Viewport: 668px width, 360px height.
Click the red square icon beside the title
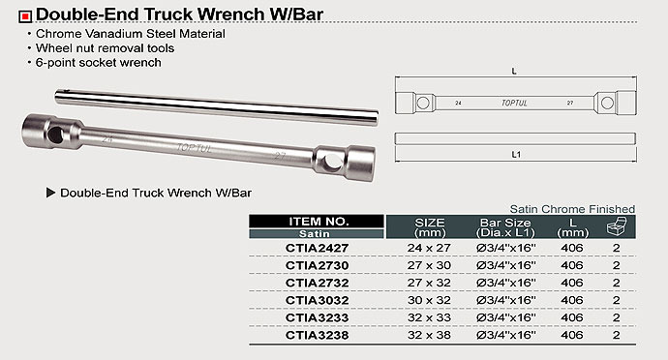coord(25,16)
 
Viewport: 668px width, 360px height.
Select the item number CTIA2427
coord(317,248)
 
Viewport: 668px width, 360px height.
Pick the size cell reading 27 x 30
coord(429,265)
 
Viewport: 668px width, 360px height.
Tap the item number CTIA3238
coord(317,335)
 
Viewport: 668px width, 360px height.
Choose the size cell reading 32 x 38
coord(429,335)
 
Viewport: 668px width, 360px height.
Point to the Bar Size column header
coord(505,227)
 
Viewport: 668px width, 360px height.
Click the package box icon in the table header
coord(617,225)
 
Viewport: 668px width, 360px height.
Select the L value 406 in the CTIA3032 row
coord(572,300)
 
